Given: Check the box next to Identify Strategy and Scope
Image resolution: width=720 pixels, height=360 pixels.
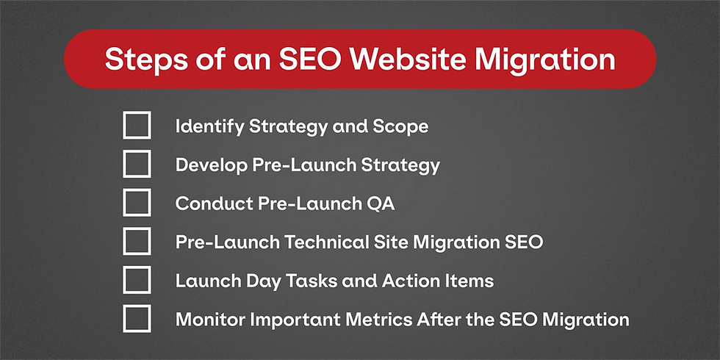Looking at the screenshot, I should [137, 125].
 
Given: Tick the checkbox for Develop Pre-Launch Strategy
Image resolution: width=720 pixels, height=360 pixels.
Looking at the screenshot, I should [137, 164].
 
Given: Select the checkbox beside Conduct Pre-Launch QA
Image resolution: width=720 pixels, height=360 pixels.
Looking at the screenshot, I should [137, 203].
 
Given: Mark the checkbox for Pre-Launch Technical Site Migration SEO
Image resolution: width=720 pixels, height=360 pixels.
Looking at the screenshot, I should [137, 241].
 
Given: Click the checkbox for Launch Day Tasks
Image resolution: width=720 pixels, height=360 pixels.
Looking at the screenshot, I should [137, 280].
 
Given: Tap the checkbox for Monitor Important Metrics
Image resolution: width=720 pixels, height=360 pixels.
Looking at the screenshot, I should [137, 319].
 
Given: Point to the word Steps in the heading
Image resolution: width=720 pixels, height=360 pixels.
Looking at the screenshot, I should [140, 60].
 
